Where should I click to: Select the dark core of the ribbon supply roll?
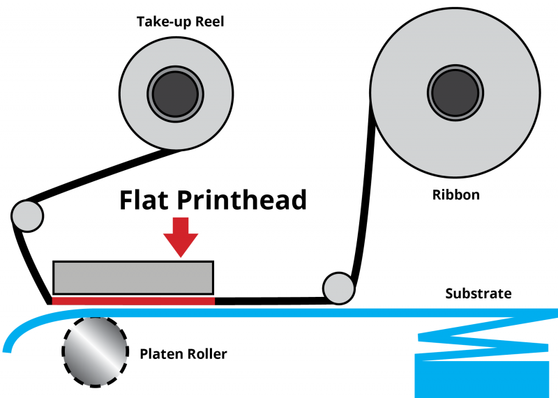click(x=455, y=92)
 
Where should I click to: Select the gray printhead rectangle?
click(x=133, y=277)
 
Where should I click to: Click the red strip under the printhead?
click(x=133, y=300)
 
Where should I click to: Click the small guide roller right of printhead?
click(x=338, y=287)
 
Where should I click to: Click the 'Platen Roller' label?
click(x=183, y=354)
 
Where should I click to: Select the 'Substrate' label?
click(x=478, y=293)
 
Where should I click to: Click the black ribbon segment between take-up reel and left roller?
click(x=105, y=174)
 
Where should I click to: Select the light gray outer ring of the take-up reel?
click(x=136, y=91)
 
